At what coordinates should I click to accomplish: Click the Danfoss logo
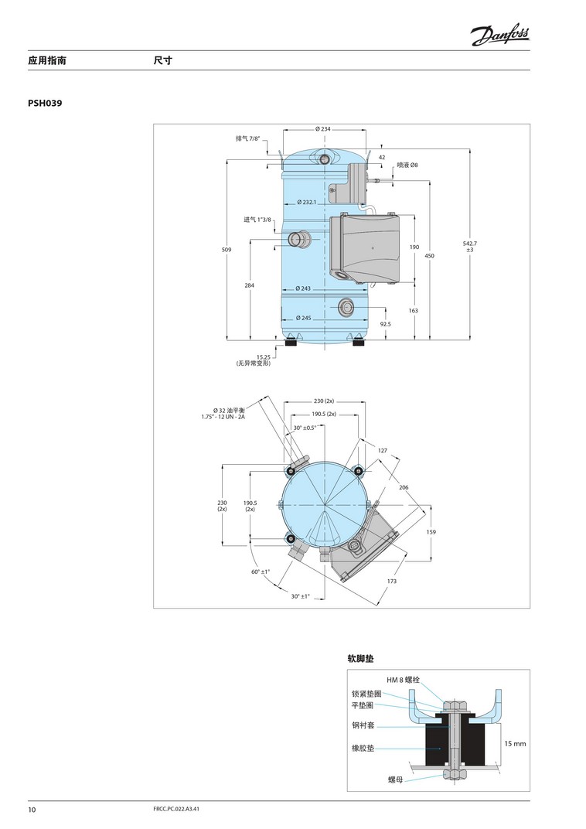tap(500, 36)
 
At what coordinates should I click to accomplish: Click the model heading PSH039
tap(45, 103)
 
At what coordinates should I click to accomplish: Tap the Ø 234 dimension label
tap(323, 129)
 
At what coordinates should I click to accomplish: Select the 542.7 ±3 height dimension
tap(470, 246)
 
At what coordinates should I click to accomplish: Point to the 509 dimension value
tap(227, 250)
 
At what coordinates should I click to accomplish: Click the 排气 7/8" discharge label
tap(248, 138)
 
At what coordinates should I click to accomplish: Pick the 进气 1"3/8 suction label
tap(257, 220)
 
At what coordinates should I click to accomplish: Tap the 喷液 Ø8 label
tap(407, 165)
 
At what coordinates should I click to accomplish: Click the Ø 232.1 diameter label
tap(306, 202)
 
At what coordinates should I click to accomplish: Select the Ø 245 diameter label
tap(303, 318)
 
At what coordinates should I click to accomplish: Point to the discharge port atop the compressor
tap(323, 158)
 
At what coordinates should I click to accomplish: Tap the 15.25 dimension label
tap(264, 357)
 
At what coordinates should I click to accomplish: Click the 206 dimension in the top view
tap(404, 487)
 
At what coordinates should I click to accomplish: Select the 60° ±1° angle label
tap(261, 571)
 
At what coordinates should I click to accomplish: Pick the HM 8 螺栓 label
tap(403, 680)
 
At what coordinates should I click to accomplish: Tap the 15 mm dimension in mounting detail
tap(515, 743)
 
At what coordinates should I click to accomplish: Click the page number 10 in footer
tap(32, 810)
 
